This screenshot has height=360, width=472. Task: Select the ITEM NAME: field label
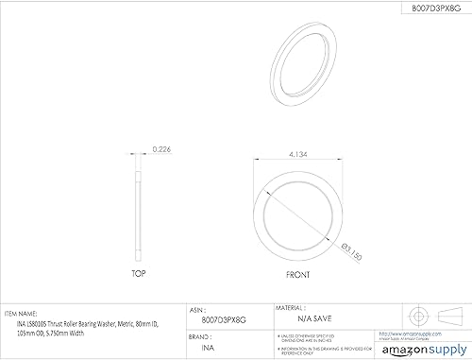point(22,309)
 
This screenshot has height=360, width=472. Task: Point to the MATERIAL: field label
point(289,309)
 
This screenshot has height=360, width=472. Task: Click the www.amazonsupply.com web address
point(404,334)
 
